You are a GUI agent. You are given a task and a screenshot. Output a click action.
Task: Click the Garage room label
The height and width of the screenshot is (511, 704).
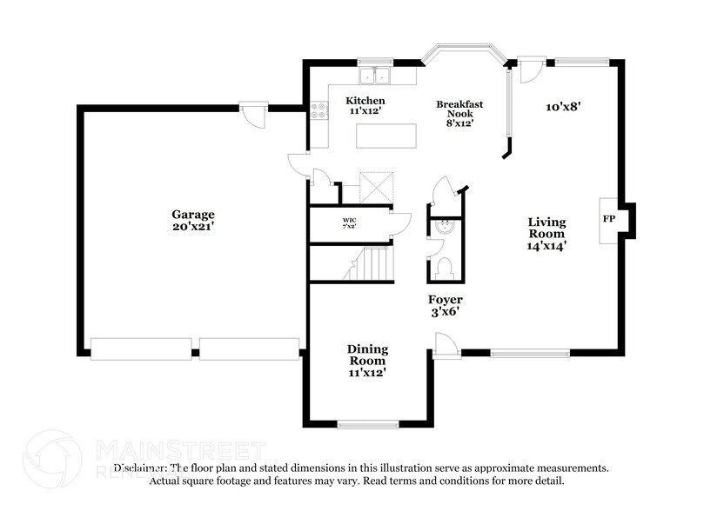[192, 220]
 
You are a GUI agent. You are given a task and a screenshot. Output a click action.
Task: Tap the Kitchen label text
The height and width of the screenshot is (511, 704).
[365, 106]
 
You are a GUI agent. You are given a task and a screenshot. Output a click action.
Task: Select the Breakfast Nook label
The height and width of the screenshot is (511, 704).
[459, 113]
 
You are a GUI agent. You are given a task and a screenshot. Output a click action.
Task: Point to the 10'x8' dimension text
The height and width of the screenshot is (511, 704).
[563, 107]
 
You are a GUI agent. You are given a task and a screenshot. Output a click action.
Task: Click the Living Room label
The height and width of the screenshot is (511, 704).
[546, 233]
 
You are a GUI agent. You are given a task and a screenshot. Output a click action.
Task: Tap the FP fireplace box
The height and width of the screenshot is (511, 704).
[608, 219]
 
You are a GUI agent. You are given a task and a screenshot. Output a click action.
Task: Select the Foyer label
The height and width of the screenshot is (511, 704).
[444, 305]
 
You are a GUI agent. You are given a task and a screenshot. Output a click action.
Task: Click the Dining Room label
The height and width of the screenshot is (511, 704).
[366, 359]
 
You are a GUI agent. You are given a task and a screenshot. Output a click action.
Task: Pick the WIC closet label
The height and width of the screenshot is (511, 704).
[349, 223]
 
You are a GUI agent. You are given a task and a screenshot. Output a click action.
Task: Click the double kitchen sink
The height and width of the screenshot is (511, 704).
[376, 76]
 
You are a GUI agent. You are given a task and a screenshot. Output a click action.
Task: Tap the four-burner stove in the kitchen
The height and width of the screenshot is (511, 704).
[319, 111]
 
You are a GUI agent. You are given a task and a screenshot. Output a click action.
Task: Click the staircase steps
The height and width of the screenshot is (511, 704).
[373, 263]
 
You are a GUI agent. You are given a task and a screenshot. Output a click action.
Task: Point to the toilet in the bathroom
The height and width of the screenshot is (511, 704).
[443, 268]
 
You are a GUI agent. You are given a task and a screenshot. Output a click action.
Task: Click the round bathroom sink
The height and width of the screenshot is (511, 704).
[444, 229]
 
